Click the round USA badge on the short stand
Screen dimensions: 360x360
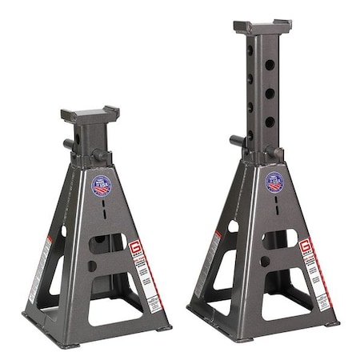coord(102,186)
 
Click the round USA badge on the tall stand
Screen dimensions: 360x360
coord(274,182)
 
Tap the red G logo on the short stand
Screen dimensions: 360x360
coord(136,249)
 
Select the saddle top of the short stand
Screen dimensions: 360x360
coord(90,114)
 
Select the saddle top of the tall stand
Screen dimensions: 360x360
coord(262,26)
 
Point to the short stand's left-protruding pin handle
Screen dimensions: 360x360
coord(70,145)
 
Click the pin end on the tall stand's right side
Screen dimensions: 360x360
coord(275,152)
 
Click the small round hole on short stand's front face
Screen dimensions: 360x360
coord(92,266)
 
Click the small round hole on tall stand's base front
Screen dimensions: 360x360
coord(265,261)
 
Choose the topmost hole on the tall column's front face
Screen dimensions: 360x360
coord(270,64)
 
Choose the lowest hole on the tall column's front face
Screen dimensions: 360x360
coord(270,122)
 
